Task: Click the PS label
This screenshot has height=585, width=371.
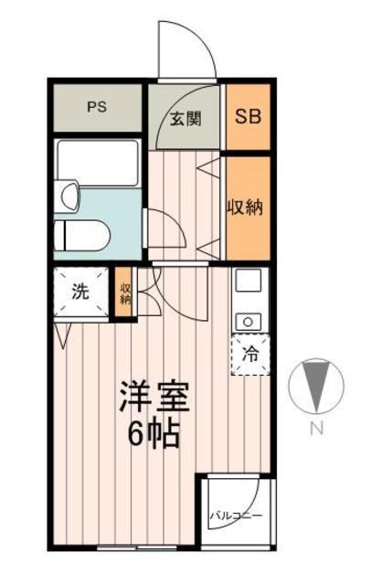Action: (97, 106)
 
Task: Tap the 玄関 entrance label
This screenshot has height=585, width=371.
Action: (185, 118)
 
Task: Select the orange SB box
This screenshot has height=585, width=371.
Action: (248, 117)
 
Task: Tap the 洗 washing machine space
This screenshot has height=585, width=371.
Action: (80, 292)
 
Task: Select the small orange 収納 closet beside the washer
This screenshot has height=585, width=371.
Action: (125, 292)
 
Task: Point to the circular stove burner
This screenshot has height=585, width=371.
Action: (249, 320)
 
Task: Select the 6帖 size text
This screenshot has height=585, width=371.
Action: (154, 431)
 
